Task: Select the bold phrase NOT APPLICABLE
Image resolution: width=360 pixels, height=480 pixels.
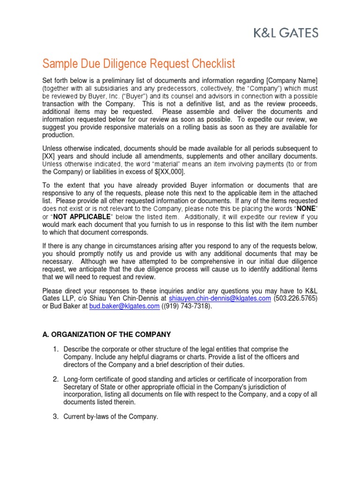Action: tap(82, 217)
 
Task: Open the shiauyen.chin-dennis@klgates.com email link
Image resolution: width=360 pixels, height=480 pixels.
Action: tap(219, 298)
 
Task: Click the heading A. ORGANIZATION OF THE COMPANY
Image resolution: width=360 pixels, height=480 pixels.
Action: tap(107, 334)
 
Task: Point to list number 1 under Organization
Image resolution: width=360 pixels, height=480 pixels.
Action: tap(55, 349)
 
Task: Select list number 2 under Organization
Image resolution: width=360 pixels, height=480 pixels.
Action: tap(55, 379)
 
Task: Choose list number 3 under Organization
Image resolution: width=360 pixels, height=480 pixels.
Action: tap(55, 416)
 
